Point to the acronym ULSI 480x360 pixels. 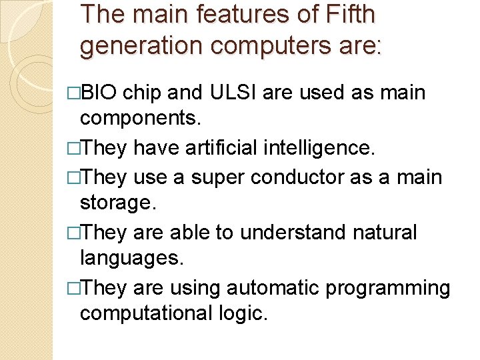click(x=227, y=92)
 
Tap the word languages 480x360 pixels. click(x=131, y=259)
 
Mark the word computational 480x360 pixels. click(x=151, y=313)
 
